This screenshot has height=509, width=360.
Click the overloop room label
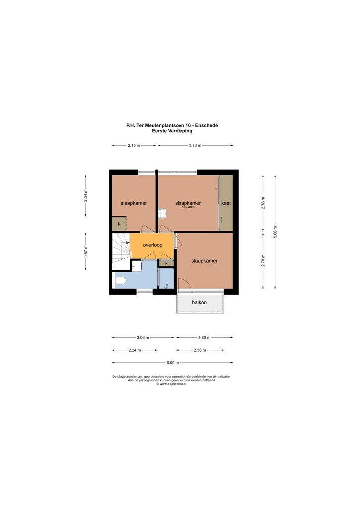(153, 245)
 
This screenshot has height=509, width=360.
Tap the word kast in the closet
(226, 203)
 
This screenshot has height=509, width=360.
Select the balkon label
(199, 302)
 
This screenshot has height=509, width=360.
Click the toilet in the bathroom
(120, 280)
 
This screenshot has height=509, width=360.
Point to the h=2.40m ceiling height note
(188, 207)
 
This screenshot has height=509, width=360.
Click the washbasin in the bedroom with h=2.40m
(162, 213)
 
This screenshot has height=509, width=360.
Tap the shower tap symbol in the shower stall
(167, 286)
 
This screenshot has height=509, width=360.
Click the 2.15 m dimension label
(134, 146)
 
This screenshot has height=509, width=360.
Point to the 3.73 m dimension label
(195, 146)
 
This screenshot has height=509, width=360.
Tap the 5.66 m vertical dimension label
(275, 232)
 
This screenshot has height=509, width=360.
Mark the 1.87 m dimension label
(86, 251)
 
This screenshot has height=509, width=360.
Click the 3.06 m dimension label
(143, 338)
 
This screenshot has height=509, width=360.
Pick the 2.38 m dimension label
(200, 350)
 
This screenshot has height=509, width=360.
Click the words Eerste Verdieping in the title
(172, 131)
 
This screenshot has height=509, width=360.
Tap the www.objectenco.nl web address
(173, 384)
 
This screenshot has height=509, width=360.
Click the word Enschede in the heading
(208, 125)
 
